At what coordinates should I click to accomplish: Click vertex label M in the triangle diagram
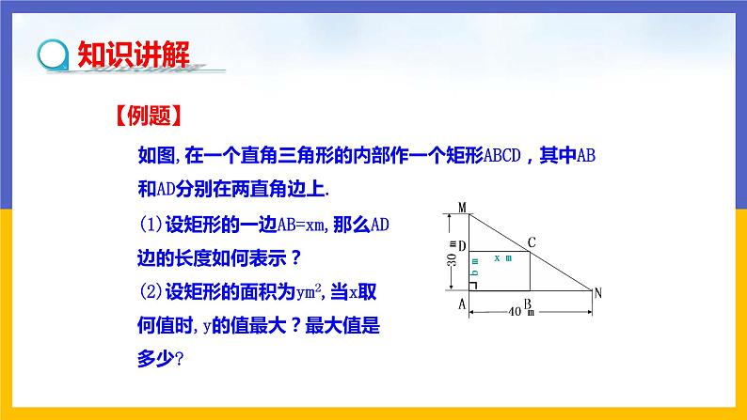462,208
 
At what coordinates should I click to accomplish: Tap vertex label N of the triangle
598,293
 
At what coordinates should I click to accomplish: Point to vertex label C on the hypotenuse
532,242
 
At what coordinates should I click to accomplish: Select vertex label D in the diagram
462,246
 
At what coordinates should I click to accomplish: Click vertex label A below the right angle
462,303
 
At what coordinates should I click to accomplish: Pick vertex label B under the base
528,303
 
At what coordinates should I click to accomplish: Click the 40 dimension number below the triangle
515,312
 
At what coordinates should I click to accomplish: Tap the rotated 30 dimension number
452,259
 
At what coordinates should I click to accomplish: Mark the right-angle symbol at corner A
472,286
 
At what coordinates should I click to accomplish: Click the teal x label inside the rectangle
497,258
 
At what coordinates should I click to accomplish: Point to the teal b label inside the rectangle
474,273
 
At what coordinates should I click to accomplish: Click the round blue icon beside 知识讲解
53,54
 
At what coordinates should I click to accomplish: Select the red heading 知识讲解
134,54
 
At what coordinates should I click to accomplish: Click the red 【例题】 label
149,116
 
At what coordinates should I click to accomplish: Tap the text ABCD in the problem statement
502,156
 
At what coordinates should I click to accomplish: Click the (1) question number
151,225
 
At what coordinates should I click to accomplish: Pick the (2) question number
151,292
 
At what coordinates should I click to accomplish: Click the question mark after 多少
179,359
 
